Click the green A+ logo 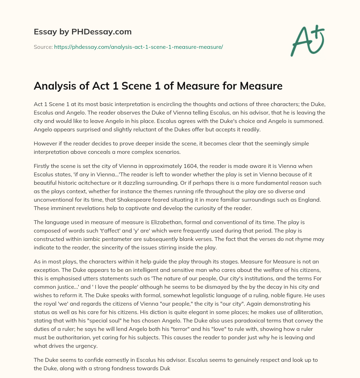[308, 40]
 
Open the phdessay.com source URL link [139, 46]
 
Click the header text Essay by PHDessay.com [83, 32]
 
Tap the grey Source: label [43, 46]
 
